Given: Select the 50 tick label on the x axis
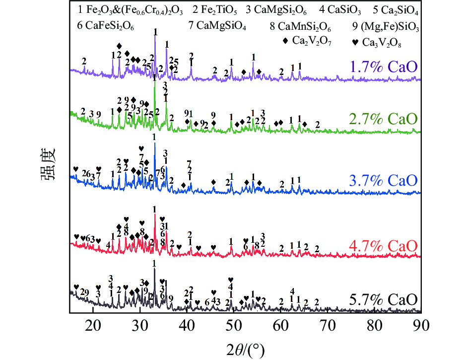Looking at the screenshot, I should point(234,325).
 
